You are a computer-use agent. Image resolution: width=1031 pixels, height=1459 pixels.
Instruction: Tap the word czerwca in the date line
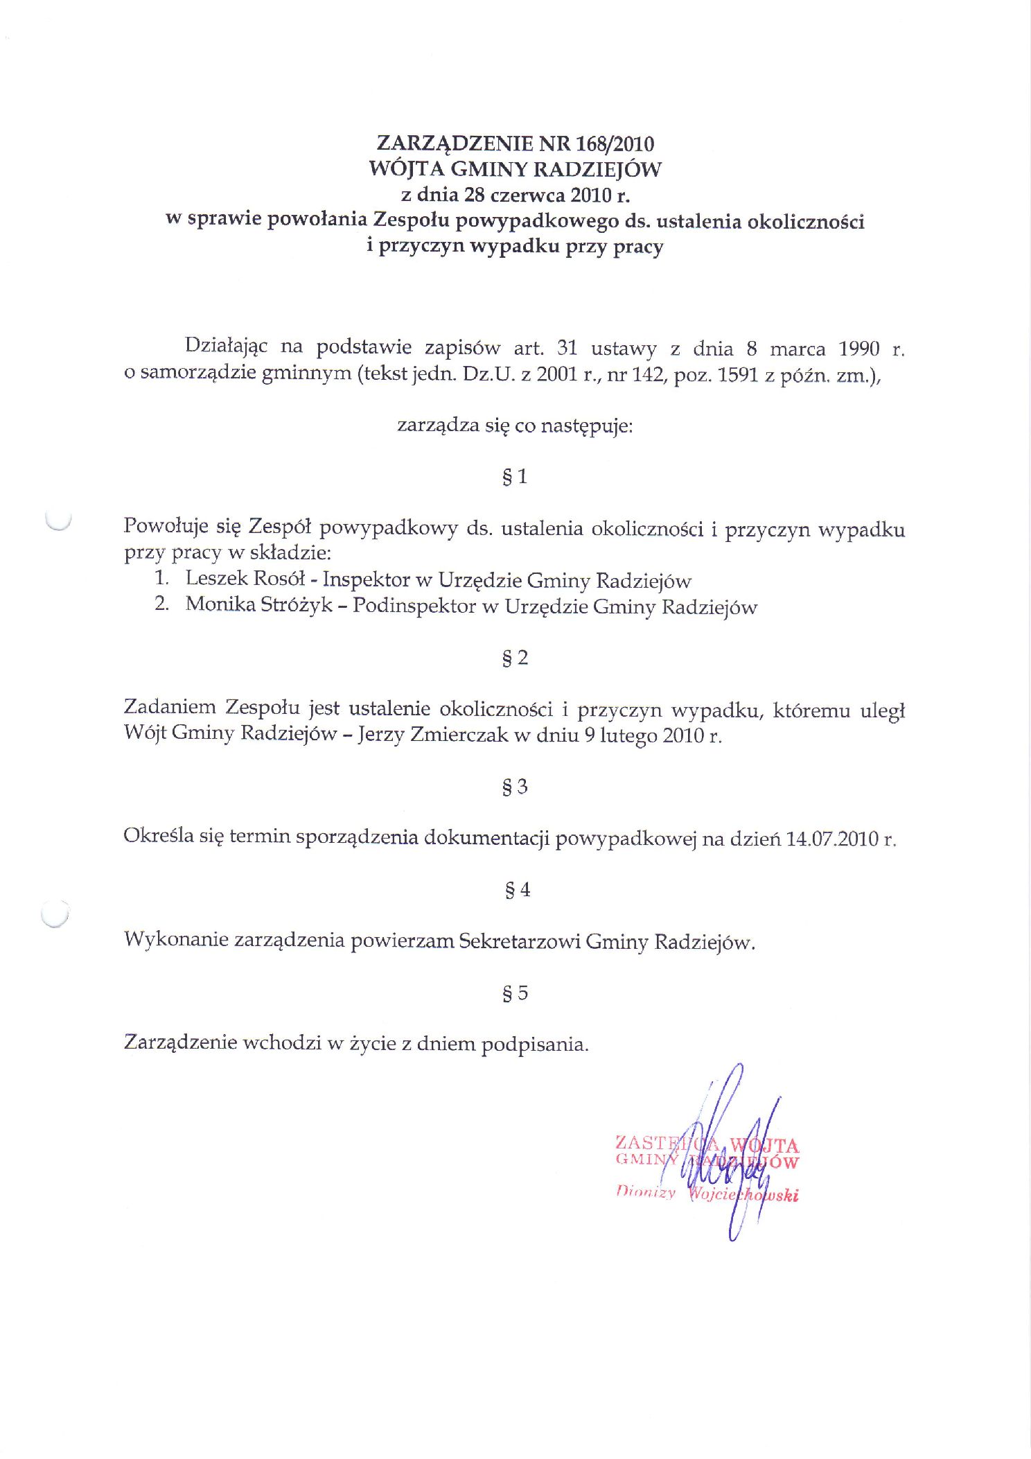point(527,195)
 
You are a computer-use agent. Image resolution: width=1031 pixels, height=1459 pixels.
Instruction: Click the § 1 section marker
point(514,477)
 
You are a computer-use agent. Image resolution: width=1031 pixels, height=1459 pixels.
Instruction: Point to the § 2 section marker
point(514,658)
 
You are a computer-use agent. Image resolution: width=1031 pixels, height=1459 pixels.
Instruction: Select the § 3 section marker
point(514,787)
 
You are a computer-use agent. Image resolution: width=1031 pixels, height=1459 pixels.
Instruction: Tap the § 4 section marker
point(517,890)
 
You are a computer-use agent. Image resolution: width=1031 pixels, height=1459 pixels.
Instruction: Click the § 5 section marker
point(514,993)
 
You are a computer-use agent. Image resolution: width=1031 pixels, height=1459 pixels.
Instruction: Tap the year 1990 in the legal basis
point(858,348)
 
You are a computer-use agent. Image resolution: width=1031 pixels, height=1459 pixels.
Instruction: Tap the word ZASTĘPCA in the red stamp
point(651,1143)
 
